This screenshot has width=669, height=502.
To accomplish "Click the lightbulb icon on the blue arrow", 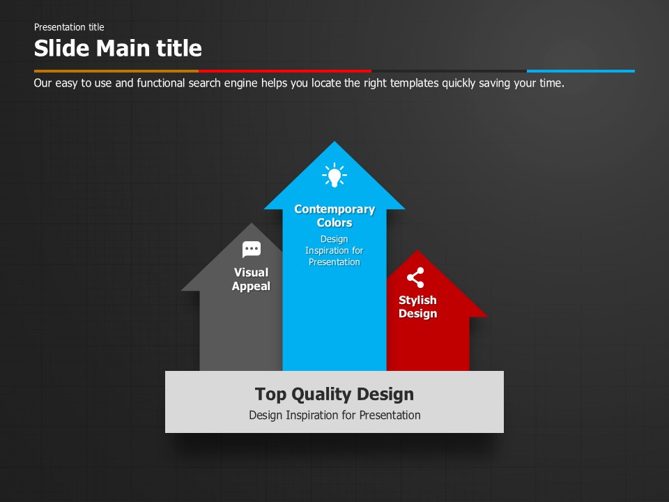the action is tap(334, 175).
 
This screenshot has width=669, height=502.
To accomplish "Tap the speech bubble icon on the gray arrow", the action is tap(252, 250).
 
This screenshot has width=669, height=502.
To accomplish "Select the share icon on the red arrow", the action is tap(415, 278).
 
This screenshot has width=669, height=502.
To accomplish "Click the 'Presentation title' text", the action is tap(69, 27).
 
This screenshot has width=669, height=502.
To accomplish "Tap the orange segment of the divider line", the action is tap(116, 71).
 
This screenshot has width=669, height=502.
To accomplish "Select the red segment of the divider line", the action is tap(285, 71).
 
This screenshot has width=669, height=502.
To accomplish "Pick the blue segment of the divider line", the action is tap(580, 71).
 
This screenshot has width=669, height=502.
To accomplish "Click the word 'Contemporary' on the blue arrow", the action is tap(334, 210).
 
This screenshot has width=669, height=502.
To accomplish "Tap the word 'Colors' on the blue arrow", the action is tap(334, 223).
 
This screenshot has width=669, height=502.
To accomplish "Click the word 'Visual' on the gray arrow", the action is tap(252, 273).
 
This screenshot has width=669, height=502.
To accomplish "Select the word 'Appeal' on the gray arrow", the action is tap(252, 287).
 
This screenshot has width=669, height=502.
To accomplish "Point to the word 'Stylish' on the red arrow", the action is tap(417, 301).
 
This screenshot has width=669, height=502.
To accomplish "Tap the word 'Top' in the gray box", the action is tap(270, 395).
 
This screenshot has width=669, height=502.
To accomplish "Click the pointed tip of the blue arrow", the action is tap(334, 142).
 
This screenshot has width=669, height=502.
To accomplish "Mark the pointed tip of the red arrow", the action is tap(417, 250).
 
